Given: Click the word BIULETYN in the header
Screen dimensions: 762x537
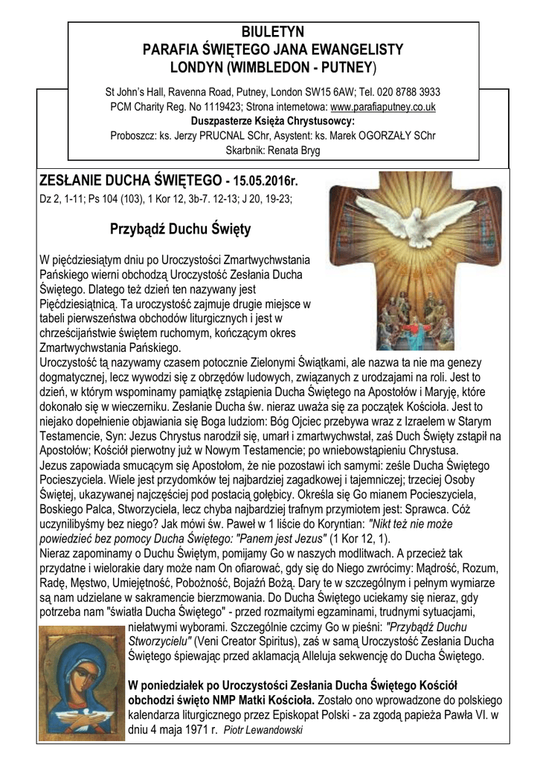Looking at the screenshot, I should click(273, 32).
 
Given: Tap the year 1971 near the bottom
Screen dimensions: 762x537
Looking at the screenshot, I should click(186, 730).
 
